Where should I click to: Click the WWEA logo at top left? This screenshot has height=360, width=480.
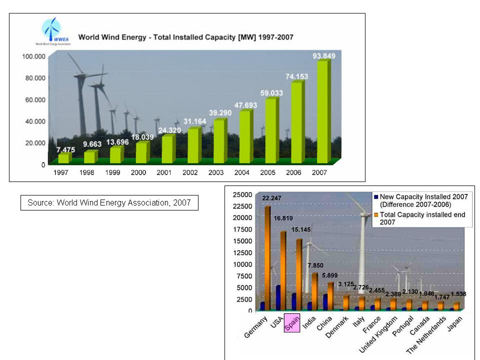click(51, 31)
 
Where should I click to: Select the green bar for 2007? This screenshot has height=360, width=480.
click(323, 111)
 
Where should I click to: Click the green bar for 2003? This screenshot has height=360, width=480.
click(220, 141)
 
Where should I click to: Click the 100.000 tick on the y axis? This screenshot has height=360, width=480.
click(33, 56)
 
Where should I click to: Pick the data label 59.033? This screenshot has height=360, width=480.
click(272, 92)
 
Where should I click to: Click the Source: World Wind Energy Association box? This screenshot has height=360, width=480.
click(109, 202)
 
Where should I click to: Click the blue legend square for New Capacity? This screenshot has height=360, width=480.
click(376, 197)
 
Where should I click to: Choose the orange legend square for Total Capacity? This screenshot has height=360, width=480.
click(376, 214)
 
